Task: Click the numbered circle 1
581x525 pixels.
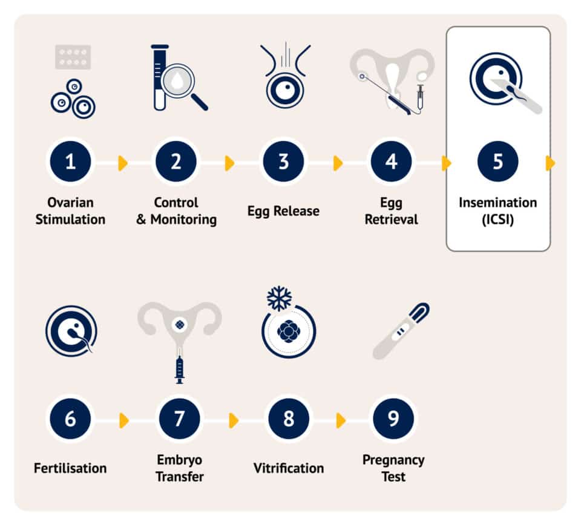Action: (70, 162)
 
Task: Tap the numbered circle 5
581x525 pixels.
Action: (497, 162)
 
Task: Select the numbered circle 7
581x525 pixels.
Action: (179, 419)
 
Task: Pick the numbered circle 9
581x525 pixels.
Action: (393, 419)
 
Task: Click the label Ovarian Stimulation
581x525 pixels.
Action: (70, 210)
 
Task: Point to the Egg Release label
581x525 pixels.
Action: (283, 211)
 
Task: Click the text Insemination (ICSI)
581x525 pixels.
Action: (497, 210)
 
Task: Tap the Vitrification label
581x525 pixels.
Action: (288, 468)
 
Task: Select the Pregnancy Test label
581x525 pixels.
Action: (393, 468)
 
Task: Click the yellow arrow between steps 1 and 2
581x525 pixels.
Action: (123, 163)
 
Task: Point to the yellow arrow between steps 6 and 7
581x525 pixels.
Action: (124, 420)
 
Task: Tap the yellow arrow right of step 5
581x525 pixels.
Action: (550, 163)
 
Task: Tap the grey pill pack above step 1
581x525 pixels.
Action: (73, 57)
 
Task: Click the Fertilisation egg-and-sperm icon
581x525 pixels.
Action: (71, 330)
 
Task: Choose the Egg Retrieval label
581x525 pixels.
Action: (391, 210)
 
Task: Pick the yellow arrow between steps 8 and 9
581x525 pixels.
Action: (341, 420)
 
